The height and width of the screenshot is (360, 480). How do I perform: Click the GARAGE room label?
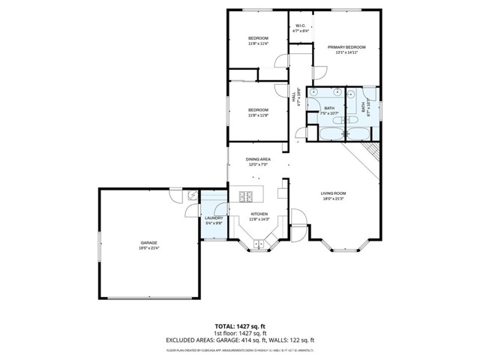click(x=148, y=243)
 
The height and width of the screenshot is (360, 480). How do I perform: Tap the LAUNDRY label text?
click(x=214, y=218)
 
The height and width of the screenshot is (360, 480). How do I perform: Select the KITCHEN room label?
click(x=259, y=214)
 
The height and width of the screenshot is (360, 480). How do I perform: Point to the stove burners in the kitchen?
click(x=246, y=197)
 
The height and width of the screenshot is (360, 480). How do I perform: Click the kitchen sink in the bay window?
click(x=259, y=244)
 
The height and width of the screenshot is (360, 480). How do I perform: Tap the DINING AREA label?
click(x=259, y=160)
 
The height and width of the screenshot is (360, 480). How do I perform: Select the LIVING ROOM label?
click(x=333, y=193)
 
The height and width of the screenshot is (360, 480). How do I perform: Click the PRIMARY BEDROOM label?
click(x=346, y=46)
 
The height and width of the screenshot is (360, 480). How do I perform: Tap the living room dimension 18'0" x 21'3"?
click(x=333, y=199)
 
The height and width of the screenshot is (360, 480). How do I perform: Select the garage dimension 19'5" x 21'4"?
click(x=148, y=248)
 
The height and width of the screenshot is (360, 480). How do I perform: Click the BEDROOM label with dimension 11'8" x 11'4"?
click(x=258, y=37)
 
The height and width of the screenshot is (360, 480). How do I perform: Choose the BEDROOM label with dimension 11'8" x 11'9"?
click(x=258, y=110)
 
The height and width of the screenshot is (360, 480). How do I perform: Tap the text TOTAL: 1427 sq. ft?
click(x=240, y=326)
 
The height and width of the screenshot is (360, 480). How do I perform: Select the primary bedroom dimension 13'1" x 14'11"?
click(x=346, y=52)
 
